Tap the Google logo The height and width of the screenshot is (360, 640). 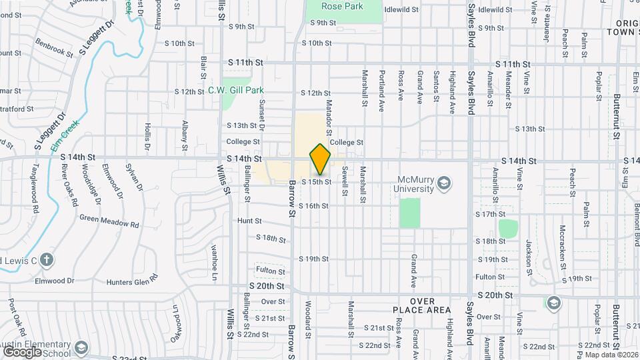[22, 351]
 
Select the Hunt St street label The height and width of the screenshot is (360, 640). [249, 220]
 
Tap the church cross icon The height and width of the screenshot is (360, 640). [45, 259]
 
